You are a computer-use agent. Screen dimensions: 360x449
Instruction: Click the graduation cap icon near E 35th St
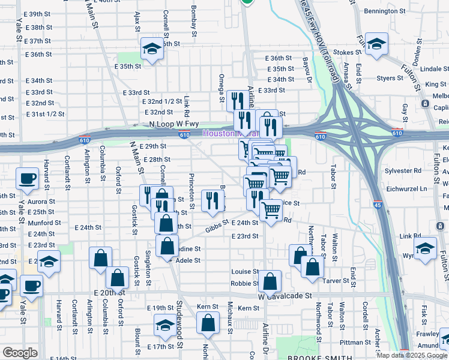point(152,49)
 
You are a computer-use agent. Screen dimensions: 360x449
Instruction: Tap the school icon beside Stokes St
point(376,44)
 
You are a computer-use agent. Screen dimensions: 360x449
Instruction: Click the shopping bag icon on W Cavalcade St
point(271,281)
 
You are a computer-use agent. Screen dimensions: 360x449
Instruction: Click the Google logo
point(20,352)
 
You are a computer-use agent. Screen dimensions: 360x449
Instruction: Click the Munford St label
point(44,223)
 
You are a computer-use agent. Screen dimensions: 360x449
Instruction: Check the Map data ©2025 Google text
point(412,355)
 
